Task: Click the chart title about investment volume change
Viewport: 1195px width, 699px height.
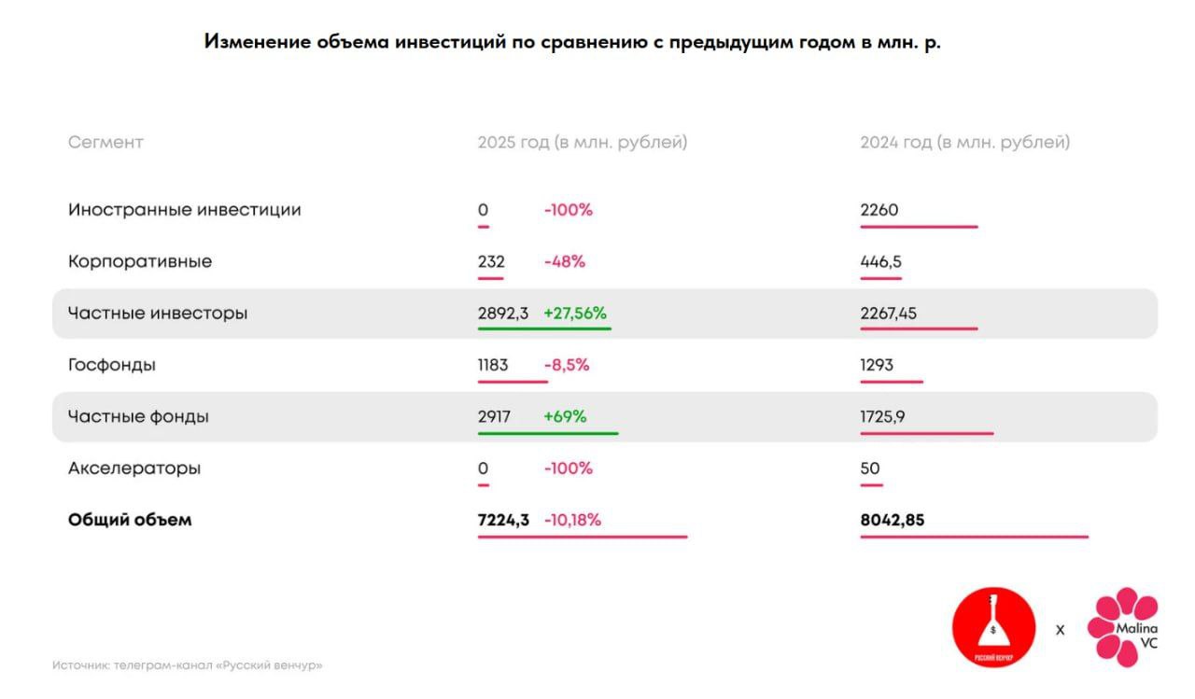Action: coord(572,43)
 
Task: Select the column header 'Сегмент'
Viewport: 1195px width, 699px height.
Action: coord(105,143)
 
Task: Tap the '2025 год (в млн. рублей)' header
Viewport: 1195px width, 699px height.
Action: coord(582,143)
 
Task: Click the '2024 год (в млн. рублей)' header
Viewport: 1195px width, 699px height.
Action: coord(964,143)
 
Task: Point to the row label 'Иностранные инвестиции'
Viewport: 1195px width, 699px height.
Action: coord(184,210)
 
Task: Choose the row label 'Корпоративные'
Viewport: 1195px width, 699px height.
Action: coord(140,261)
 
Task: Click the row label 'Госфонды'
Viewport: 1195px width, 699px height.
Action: coord(112,365)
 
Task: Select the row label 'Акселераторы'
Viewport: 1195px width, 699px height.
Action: coord(134,468)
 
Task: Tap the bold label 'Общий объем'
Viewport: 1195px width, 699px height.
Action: coord(130,520)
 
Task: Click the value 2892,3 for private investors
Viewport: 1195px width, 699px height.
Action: coord(502,314)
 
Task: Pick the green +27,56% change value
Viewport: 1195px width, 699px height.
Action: coord(575,314)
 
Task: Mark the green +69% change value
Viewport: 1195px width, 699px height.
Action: coord(565,417)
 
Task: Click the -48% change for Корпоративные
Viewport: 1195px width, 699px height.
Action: coord(564,261)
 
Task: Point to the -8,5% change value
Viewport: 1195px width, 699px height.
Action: coord(566,365)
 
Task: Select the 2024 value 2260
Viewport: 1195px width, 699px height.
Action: coord(879,210)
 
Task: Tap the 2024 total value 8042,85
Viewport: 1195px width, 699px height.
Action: coord(892,520)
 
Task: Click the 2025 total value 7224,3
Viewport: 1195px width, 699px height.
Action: coord(502,520)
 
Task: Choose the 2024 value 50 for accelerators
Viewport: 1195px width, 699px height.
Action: coord(869,468)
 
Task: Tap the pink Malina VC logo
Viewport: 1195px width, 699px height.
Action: coord(1124,627)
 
